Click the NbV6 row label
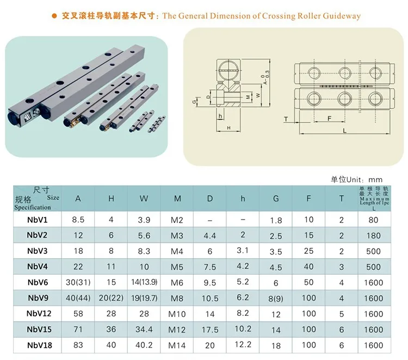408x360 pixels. click(38, 282)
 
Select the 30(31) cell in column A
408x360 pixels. click(78, 282)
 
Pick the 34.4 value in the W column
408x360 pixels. click(144, 330)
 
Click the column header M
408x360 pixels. click(177, 199)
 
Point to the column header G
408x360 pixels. click(276, 199)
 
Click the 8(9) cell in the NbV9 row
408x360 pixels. click(276, 298)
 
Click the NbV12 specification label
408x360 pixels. click(38, 314)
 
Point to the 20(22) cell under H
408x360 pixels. click(111, 298)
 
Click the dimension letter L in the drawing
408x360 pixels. click(345, 131)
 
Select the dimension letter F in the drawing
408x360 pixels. click(329, 118)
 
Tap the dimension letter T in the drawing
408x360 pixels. click(286, 118)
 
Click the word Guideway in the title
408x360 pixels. click(343, 16)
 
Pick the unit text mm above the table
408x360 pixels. click(375, 179)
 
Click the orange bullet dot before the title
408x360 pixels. click(54, 16)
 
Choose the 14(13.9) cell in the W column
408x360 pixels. click(144, 282)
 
